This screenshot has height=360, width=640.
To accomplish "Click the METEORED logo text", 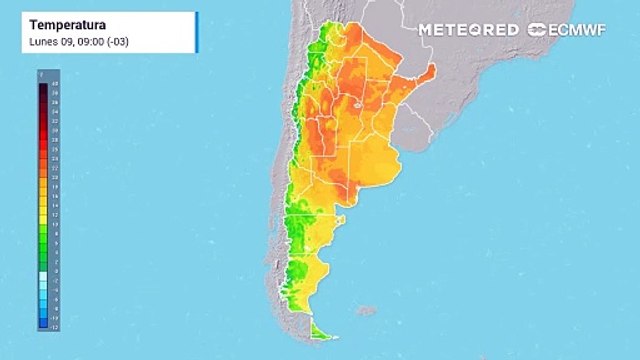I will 468,30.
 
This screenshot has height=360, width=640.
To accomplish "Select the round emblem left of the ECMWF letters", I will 537,30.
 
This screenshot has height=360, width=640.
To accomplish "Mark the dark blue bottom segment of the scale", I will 43,322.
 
